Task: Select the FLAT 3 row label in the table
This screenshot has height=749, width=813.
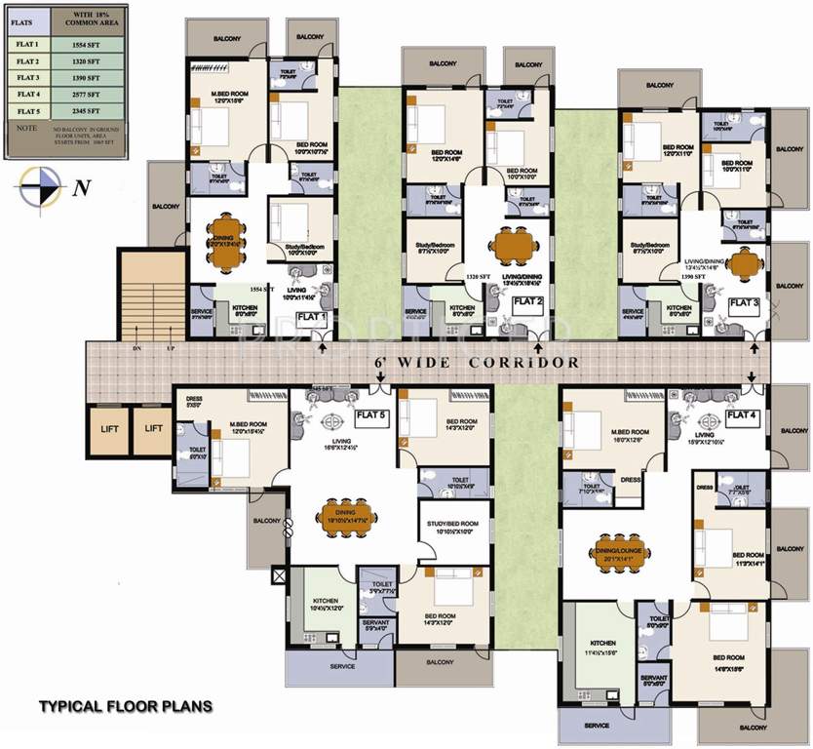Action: (x=27, y=77)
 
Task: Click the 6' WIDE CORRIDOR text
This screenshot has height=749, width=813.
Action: (x=478, y=362)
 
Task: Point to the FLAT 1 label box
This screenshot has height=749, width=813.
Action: (x=311, y=318)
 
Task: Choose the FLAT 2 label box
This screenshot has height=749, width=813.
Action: (x=527, y=303)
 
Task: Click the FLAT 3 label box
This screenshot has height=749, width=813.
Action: (x=743, y=303)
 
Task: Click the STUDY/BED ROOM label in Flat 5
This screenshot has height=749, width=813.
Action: (x=452, y=525)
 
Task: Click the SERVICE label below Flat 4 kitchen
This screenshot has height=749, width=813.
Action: (x=596, y=726)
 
